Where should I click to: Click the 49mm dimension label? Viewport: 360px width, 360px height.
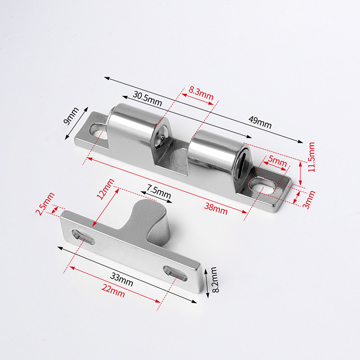260,122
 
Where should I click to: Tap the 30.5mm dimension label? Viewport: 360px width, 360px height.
147,99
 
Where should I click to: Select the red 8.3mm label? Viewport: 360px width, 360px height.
201,94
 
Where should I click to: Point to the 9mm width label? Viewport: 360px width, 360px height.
71,116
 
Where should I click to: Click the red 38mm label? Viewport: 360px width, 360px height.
216,209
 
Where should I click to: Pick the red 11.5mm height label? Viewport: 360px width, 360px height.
311,157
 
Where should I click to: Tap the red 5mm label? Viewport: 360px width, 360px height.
277,162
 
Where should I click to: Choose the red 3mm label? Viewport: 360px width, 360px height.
309,199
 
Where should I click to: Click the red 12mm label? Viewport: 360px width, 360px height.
105,189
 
